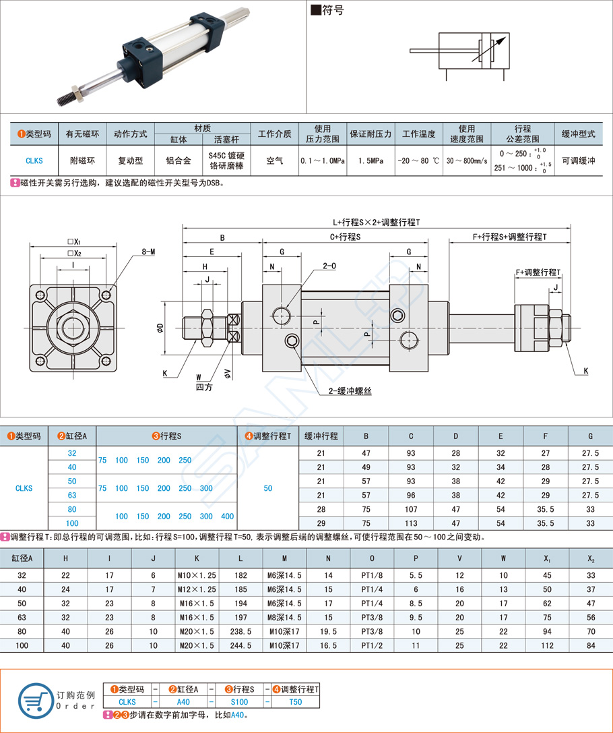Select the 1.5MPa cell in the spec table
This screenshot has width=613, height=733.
pyautogui.click(x=370, y=161)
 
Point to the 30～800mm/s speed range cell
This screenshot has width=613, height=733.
pyautogui.click(x=466, y=161)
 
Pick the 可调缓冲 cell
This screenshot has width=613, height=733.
pyautogui.click(x=578, y=161)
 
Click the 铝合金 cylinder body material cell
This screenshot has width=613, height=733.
pyautogui.click(x=178, y=161)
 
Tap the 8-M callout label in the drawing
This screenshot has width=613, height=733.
pyautogui.click(x=148, y=252)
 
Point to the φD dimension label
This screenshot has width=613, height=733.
pyautogui.click(x=160, y=328)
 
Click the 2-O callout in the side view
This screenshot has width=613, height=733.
pyautogui.click(x=329, y=266)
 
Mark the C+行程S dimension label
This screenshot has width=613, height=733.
pyautogui.click(x=346, y=237)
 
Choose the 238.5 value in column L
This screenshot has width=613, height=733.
pyautogui.click(x=240, y=632)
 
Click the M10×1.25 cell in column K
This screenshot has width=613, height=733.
pyautogui.click(x=197, y=575)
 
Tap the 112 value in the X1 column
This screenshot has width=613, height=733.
pyautogui.click(x=547, y=646)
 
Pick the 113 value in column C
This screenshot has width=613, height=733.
pyautogui.click(x=411, y=523)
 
